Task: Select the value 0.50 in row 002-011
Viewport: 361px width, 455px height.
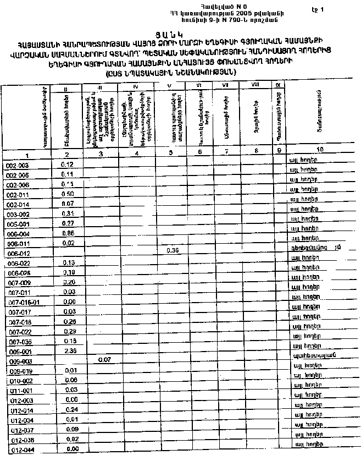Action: [x=68, y=194]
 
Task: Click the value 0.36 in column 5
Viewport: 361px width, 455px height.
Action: [x=173, y=251]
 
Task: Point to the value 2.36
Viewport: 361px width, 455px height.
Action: [x=69, y=350]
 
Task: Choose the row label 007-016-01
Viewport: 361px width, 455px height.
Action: [x=24, y=302]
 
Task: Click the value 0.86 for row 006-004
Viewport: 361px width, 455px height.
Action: [x=69, y=233]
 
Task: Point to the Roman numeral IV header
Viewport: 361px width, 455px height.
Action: [x=135, y=87]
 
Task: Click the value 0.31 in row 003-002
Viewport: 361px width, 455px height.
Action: [x=68, y=213]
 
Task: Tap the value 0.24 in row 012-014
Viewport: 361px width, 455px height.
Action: [x=70, y=410]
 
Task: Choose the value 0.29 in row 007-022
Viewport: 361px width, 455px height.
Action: [x=69, y=331]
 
